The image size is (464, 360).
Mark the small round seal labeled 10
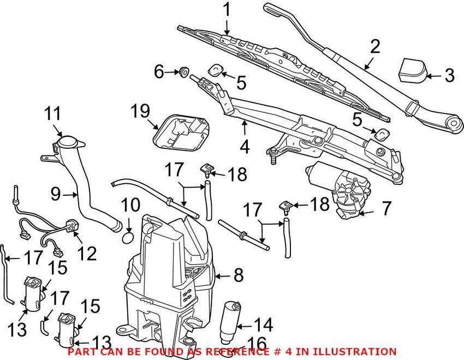tap(126, 238)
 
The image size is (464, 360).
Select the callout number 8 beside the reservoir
tap(238, 275)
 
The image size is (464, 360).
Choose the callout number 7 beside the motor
tap(385, 207)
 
